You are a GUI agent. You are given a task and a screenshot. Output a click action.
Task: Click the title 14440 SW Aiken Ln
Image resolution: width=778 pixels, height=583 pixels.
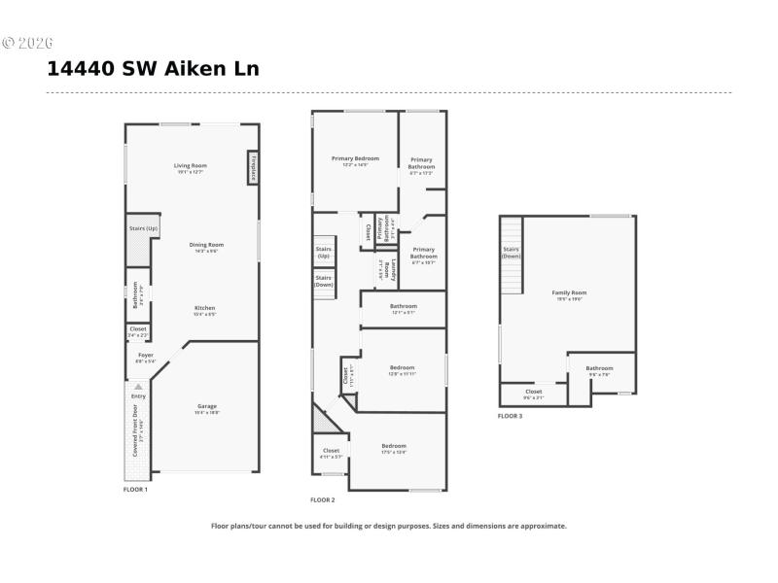tap(153, 69)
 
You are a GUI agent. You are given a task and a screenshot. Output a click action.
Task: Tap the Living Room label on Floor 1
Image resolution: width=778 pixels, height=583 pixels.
tap(191, 166)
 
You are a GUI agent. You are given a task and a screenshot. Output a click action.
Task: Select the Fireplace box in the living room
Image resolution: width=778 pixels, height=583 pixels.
tap(253, 167)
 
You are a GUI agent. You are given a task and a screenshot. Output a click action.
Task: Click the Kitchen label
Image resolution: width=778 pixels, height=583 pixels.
tap(204, 308)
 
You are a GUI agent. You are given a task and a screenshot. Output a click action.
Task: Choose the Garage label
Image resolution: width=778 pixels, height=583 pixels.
tap(207, 406)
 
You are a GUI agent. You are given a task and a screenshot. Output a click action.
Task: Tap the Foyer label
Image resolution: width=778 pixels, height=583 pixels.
tap(145, 356)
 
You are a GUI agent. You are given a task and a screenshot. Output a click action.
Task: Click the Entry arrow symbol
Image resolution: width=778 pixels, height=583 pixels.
tap(138, 386)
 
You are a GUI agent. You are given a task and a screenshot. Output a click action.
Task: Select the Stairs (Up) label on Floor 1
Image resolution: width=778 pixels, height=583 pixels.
tap(143, 229)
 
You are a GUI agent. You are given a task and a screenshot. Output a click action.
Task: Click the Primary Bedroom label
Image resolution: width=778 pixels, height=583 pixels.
tap(355, 158)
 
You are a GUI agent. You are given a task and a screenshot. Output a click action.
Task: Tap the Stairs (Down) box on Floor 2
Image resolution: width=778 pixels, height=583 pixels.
tap(324, 281)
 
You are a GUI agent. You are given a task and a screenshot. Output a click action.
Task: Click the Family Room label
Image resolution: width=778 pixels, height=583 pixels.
tap(569, 292)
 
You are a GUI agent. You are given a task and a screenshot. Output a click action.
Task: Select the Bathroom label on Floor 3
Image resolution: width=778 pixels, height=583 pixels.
tap(599, 368)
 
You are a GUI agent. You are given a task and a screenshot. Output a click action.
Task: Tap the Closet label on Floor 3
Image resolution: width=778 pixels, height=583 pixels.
tap(533, 393)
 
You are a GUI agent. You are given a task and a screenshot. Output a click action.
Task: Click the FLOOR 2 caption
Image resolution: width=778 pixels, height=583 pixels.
tap(322, 500)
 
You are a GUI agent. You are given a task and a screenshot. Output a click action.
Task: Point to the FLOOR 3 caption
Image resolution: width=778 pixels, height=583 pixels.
tap(510, 416)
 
